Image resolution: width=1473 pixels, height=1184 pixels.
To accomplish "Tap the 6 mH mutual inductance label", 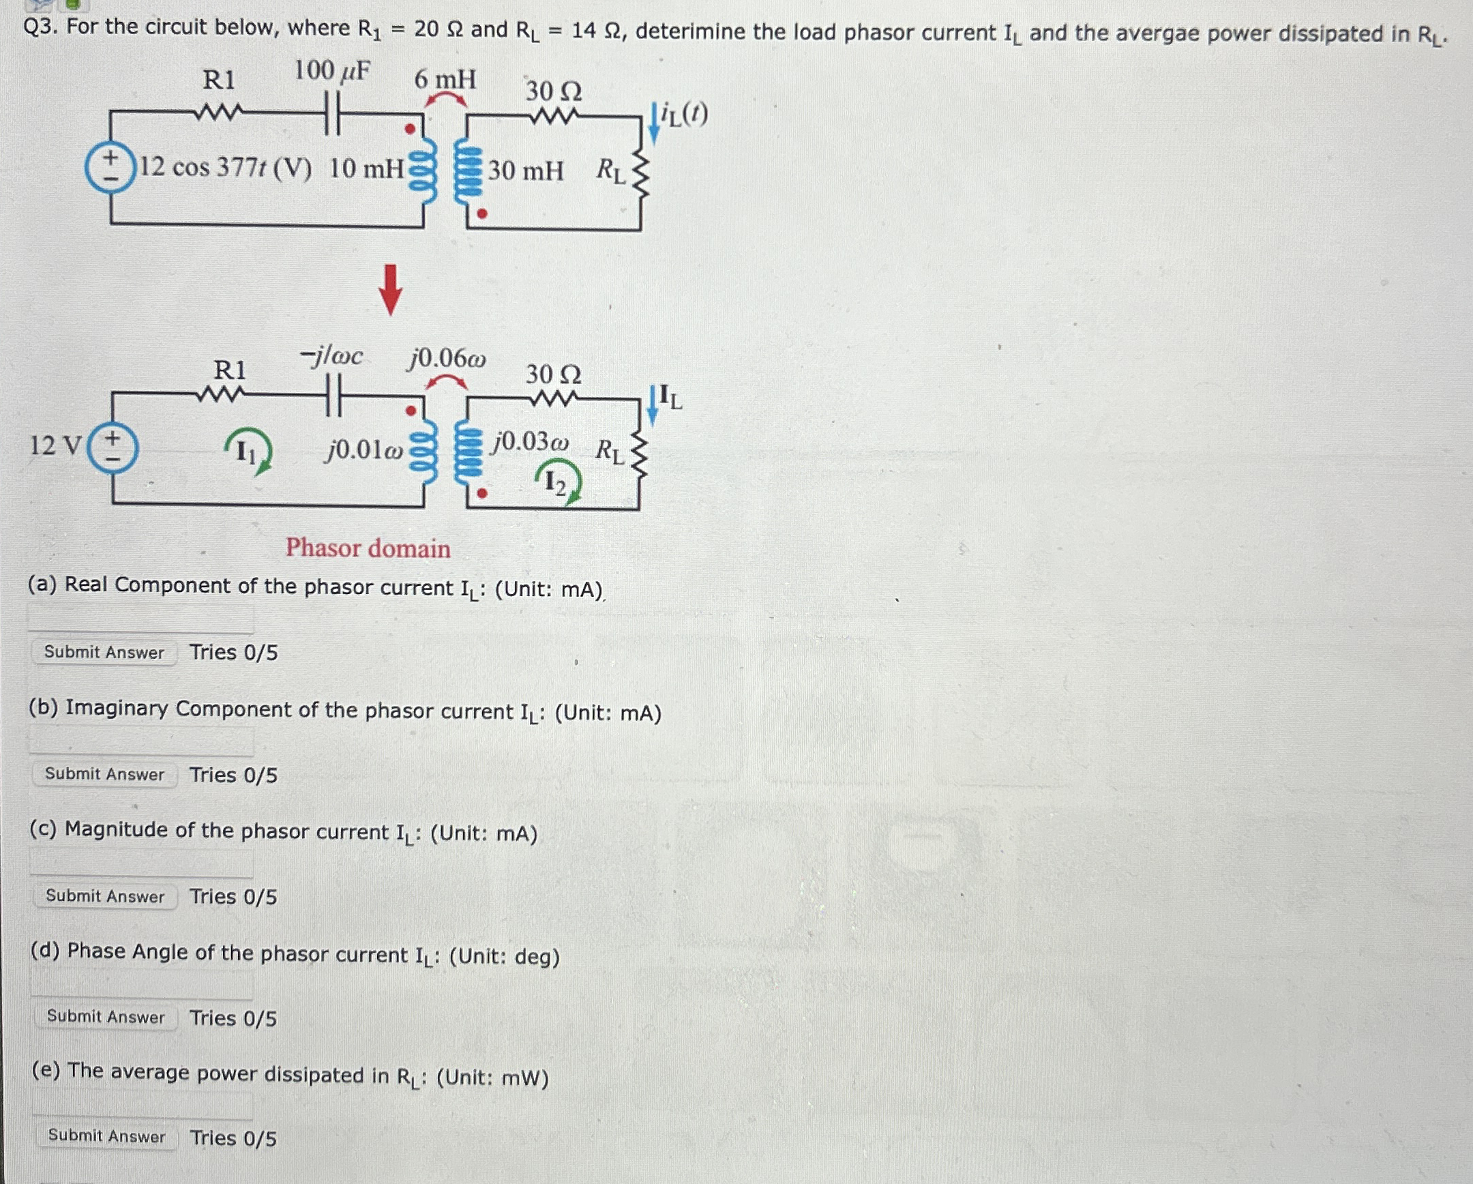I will pos(445,79).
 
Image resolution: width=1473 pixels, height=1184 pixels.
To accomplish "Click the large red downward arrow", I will pos(390,290).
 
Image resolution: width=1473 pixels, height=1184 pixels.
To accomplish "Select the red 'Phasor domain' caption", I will pos(368,548).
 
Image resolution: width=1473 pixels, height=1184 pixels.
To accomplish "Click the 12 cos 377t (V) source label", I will pos(226,167).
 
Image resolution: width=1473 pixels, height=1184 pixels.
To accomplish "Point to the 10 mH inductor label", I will pos(366,168).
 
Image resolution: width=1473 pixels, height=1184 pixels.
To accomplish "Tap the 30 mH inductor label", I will pos(525,170).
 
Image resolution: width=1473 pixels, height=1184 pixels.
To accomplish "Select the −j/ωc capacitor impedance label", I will pos(332,356).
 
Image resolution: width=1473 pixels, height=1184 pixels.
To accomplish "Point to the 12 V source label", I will pos(55,445).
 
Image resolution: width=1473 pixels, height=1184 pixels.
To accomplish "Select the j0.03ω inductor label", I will pos(531,441).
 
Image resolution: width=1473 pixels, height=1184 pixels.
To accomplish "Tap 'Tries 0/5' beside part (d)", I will pos(233,1018).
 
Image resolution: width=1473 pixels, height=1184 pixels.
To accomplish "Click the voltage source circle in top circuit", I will pos(109,168).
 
